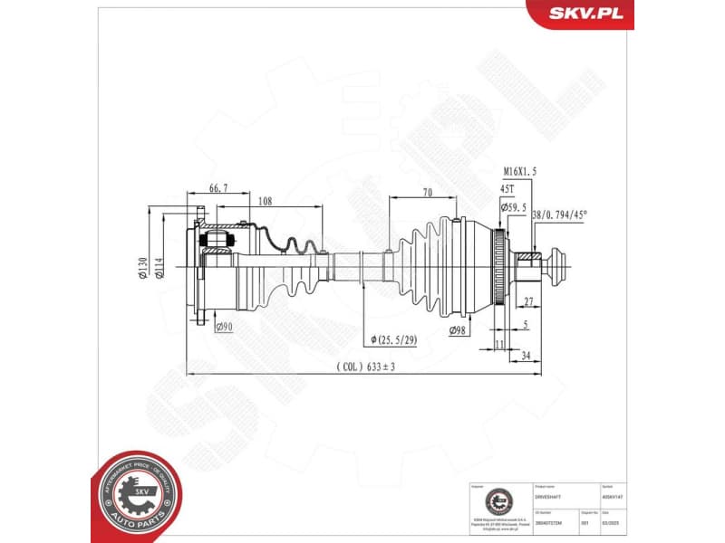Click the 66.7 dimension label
coord(217,187)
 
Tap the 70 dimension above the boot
coord(426,192)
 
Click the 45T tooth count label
coord(507,189)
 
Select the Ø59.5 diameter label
coord(513,207)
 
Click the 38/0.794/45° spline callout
coord(559,215)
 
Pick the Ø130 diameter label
coord(142,267)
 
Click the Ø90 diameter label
coord(224,327)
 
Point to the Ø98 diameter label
coord(460,331)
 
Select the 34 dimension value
coord(527,356)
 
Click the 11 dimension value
coord(499,344)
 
